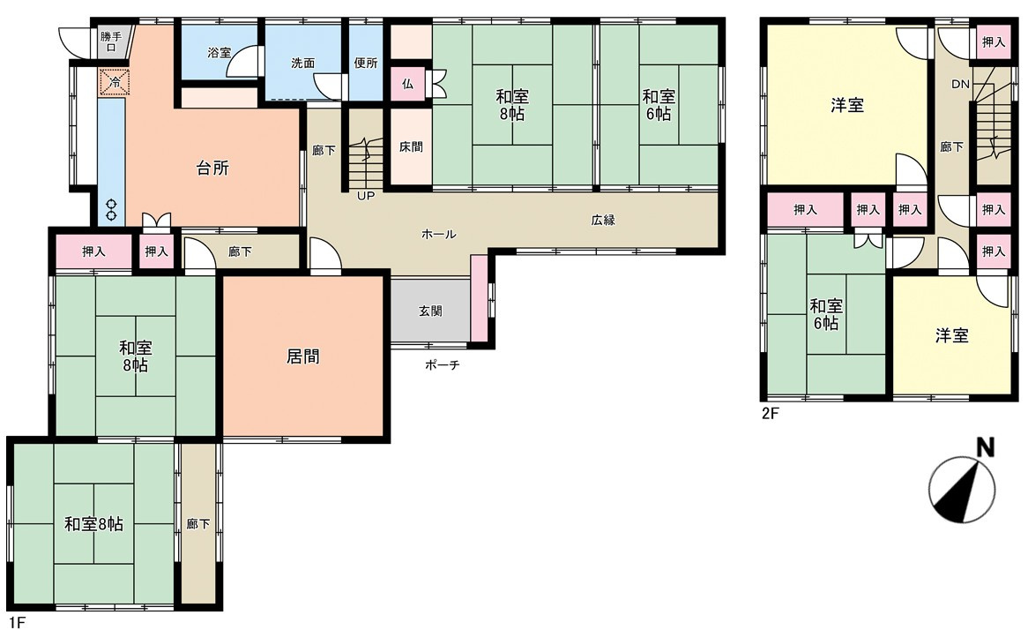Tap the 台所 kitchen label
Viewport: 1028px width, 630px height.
tap(212, 168)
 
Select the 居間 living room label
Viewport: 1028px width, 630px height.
tap(303, 356)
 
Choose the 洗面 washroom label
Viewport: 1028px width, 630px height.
tap(302, 64)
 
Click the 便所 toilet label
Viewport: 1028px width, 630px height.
tap(365, 64)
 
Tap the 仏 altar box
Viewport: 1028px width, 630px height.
tap(407, 85)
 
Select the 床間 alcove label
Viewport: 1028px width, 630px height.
tap(410, 147)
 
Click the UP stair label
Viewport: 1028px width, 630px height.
tap(365, 196)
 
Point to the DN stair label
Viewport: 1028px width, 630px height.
tap(960, 85)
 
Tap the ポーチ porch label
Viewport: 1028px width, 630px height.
tap(442, 364)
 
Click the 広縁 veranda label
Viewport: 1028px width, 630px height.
tap(603, 221)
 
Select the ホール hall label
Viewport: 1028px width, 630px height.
tap(438, 235)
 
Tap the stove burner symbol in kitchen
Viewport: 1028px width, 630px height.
tap(112, 209)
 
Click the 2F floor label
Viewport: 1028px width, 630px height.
tap(771, 411)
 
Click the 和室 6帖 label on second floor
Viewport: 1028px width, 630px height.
tap(826, 315)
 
